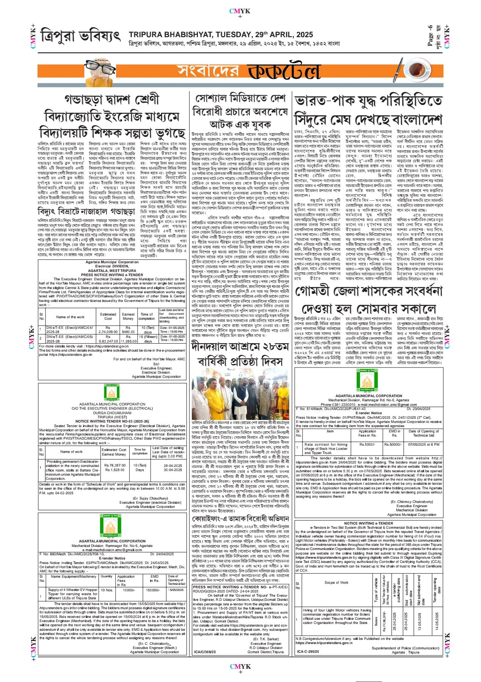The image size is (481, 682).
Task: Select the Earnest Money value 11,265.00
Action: [128, 341]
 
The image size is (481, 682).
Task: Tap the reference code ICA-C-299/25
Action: [308, 652]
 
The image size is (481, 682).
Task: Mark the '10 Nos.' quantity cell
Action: [107, 590]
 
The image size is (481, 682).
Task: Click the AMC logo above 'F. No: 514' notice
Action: [367, 380]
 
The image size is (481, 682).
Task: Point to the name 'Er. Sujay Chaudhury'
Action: [150, 498]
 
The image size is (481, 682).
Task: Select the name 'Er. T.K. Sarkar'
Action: [266, 639]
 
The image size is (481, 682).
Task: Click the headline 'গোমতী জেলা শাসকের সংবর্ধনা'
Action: [369, 292]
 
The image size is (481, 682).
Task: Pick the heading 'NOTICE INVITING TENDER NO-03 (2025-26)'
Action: [112, 421]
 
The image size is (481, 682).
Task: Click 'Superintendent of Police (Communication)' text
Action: [405, 648]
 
